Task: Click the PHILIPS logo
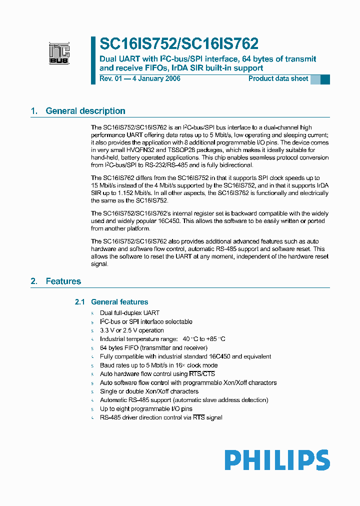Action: point(276,460)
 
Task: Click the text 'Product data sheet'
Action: point(278,79)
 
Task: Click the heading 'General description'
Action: point(85,111)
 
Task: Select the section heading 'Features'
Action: point(63,281)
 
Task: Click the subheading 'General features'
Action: point(119,302)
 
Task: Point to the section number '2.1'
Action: point(80,302)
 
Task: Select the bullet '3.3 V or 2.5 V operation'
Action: point(132,330)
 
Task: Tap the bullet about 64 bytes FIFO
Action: point(153,348)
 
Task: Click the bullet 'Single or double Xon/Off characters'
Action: point(149,391)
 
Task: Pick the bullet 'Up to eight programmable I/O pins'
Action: point(146,409)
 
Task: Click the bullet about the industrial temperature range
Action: point(162,339)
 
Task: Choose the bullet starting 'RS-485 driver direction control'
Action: point(161,417)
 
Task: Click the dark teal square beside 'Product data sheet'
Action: point(325,79)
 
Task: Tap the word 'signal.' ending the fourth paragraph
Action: point(99,264)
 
